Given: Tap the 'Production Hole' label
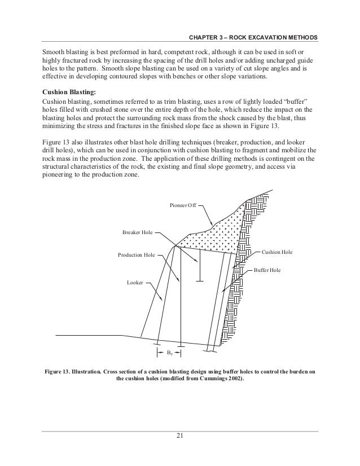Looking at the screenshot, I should (x=136, y=256).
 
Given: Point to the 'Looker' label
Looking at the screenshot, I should (x=135, y=280).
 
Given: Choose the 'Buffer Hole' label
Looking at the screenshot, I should (x=267, y=271).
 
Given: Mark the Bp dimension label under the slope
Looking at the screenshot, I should (x=169, y=353).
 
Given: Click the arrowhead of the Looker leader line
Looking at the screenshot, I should (x=163, y=300).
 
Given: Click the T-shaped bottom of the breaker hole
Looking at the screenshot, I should (x=199, y=279).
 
